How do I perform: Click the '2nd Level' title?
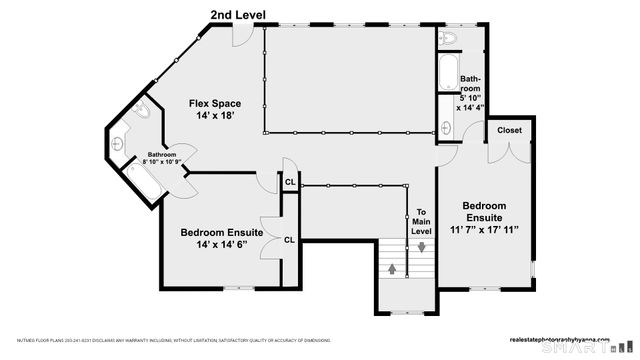pyautogui.click(x=238, y=14)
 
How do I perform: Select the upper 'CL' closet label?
pyautogui.click(x=289, y=182)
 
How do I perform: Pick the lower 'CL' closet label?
pyautogui.click(x=289, y=240)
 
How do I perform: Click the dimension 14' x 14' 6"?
pyautogui.click(x=222, y=245)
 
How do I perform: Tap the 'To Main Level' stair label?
pyautogui.click(x=422, y=221)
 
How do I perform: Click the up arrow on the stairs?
pyautogui.click(x=392, y=268)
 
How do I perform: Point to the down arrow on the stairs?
pyautogui.click(x=422, y=247)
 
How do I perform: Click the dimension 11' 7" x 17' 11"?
pyautogui.click(x=483, y=230)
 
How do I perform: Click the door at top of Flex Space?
pyautogui.click(x=241, y=36)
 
